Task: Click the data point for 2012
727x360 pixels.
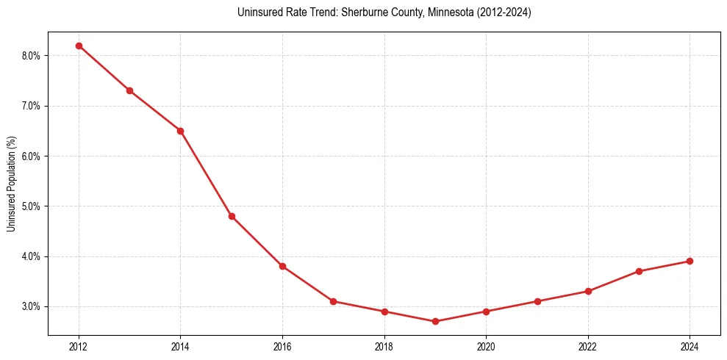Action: [79, 46]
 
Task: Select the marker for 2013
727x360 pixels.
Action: [129, 90]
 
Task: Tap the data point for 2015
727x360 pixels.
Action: [232, 216]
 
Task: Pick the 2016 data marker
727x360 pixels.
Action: [282, 266]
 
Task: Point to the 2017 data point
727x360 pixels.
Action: [333, 301]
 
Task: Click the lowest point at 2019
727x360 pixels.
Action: [435, 321]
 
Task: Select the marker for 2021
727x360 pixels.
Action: [537, 301]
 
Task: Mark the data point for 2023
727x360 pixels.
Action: [639, 271]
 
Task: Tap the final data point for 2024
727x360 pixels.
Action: [690, 261]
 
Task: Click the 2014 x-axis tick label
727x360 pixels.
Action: [180, 346]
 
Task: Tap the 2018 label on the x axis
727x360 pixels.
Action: [384, 346]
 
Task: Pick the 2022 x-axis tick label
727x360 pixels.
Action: [588, 346]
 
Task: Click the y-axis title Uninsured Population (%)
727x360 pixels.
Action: [11, 184]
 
